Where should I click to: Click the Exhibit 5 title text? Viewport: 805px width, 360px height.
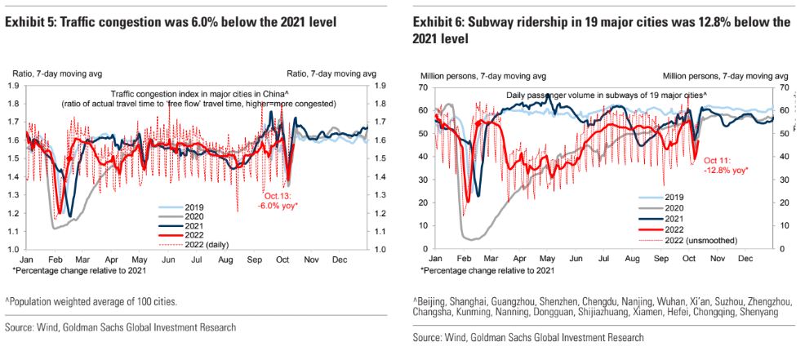[x=171, y=23]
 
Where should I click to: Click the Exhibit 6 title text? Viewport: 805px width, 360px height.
[x=602, y=30]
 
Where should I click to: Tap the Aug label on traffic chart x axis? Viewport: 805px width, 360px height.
[x=225, y=260]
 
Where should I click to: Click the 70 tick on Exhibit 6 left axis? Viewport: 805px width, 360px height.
[x=424, y=87]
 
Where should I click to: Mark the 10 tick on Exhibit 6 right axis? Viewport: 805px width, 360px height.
[x=782, y=226]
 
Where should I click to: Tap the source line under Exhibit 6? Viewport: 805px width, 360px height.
[x=528, y=337]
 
